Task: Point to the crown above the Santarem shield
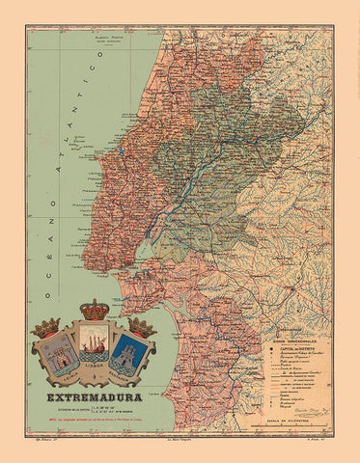(142, 328)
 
